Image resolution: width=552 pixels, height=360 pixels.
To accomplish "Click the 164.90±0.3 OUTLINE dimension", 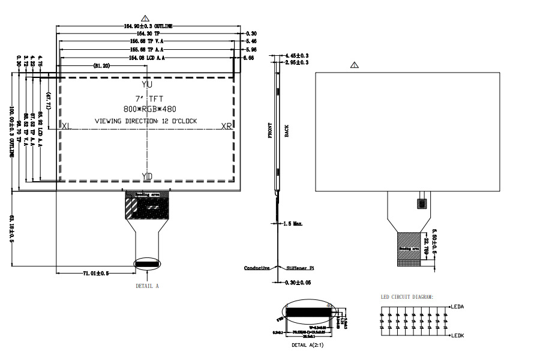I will point(148,26).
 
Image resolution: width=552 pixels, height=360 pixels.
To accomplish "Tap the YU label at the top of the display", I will point(147,85).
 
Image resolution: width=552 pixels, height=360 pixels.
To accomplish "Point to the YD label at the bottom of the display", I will point(147,175).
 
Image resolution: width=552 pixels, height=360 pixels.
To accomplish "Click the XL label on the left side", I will point(66,127).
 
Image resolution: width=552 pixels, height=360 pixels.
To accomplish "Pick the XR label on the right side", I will point(226,127).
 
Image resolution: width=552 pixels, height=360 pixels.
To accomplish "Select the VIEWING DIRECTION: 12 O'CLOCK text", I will point(146,121).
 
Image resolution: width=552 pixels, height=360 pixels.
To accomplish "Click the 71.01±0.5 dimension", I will point(95,274).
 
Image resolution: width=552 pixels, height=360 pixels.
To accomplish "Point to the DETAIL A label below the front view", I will point(147,286).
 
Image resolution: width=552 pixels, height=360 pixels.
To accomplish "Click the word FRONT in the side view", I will point(270,131).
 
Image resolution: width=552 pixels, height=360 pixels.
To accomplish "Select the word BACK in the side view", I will point(287,131).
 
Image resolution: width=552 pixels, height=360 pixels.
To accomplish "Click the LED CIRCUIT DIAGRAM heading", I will point(407,296).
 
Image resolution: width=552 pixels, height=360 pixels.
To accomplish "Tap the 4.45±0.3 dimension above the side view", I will point(296,55).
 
